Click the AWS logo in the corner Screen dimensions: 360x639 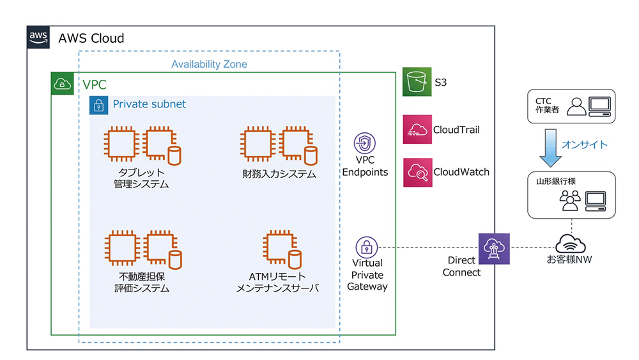[38, 37]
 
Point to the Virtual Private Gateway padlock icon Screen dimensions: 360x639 [367, 247]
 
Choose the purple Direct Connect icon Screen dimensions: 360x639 [494, 248]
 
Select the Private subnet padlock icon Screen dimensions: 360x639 [98, 105]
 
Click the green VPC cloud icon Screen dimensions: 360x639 [63, 83]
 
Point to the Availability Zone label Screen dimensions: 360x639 [209, 65]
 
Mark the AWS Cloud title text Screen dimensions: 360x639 [91, 38]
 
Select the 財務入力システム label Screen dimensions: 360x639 [279, 174]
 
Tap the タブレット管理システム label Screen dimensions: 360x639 [141, 178]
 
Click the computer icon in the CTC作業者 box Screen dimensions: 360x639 [599, 106]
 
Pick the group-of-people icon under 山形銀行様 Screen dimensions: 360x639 [569, 201]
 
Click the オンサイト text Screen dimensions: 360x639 [585, 145]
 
